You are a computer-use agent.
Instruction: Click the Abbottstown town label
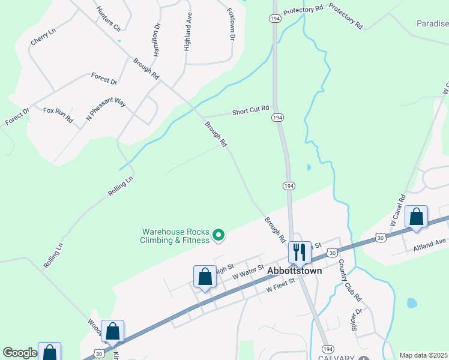tap(294, 271)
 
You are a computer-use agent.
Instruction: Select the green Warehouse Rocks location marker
tap(218, 235)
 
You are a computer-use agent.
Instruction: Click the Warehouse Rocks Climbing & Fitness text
tap(175, 236)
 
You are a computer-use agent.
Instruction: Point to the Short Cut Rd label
tap(250, 112)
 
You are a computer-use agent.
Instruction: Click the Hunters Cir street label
tap(108, 19)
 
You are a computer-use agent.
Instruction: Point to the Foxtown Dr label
tap(231, 24)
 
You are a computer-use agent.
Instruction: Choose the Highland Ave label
tap(188, 34)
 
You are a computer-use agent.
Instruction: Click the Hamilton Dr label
tap(157, 40)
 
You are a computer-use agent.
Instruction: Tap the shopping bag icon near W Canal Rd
tap(416, 217)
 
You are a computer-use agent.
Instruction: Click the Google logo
tap(20, 353)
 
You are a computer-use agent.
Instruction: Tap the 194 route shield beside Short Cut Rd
tap(277, 118)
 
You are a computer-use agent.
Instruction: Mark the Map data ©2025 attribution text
tap(424, 355)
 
